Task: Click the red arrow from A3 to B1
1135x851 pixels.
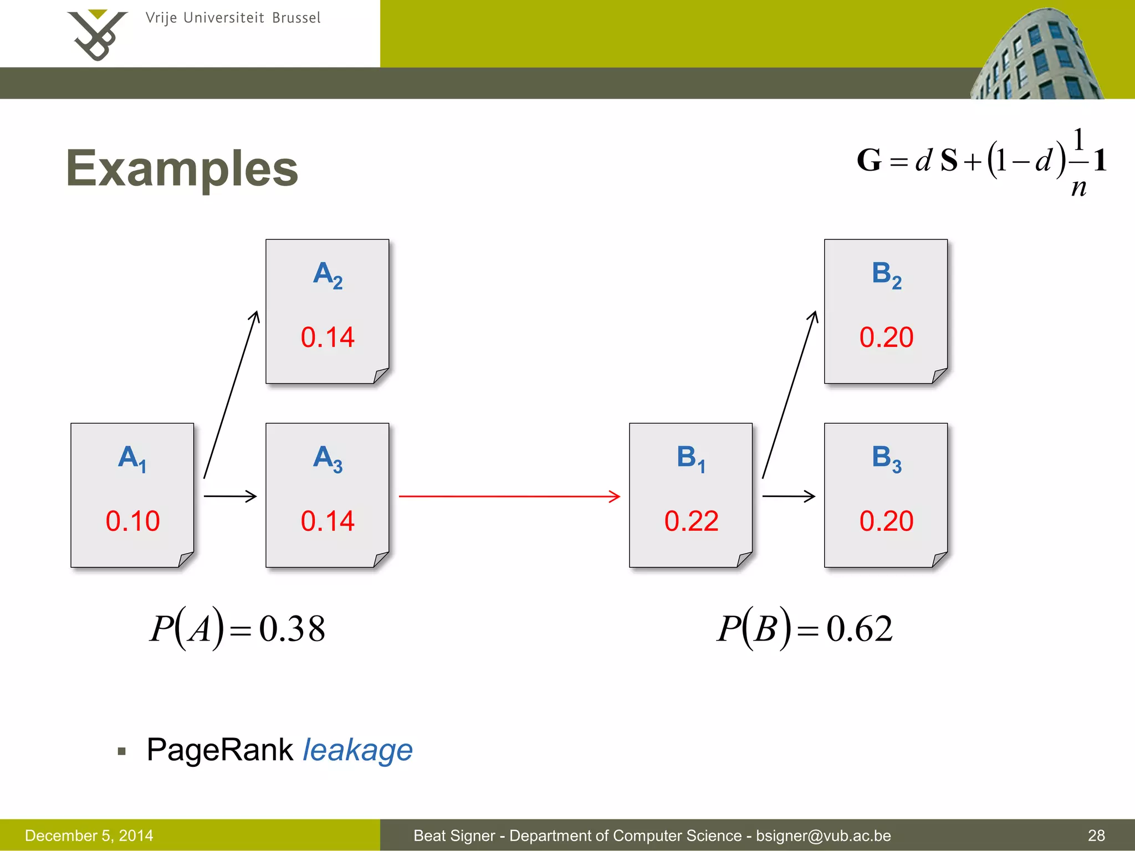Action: coord(509,496)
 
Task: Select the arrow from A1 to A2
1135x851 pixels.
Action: coord(231,394)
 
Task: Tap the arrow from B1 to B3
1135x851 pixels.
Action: coord(788,496)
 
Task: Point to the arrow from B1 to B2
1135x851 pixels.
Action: coord(790,394)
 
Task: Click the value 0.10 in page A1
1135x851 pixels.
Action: coord(132,521)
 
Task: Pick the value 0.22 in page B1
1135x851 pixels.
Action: coord(691,521)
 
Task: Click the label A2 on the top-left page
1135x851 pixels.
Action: coord(328,274)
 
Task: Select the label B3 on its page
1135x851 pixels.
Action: coord(886,459)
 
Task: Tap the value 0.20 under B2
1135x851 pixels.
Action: coord(886,337)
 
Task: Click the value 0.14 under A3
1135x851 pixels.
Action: coord(328,521)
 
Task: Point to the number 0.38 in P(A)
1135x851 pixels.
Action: coord(292,629)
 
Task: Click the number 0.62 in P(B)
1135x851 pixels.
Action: coord(860,629)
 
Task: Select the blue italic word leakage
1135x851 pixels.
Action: coord(357,750)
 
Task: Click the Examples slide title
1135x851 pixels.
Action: coord(182,168)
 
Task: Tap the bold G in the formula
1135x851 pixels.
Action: coord(868,161)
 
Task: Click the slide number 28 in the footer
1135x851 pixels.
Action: coord(1096,835)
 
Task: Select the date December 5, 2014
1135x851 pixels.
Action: coord(89,835)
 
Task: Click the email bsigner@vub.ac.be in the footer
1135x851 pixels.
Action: coord(823,835)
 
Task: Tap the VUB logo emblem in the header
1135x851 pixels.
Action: coord(98,34)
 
